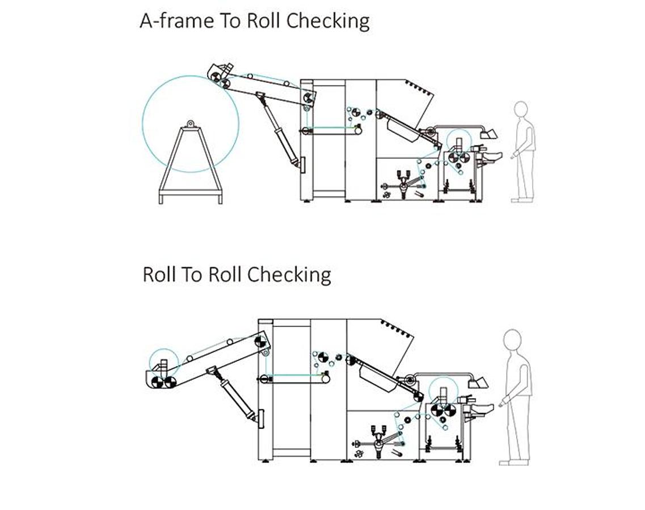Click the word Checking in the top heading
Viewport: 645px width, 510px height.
(328, 20)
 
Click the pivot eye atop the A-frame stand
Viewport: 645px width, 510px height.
(190, 123)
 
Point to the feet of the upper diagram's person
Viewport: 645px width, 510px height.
(521, 199)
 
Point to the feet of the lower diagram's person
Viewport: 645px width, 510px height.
(513, 462)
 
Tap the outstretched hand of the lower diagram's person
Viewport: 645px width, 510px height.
(501, 404)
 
